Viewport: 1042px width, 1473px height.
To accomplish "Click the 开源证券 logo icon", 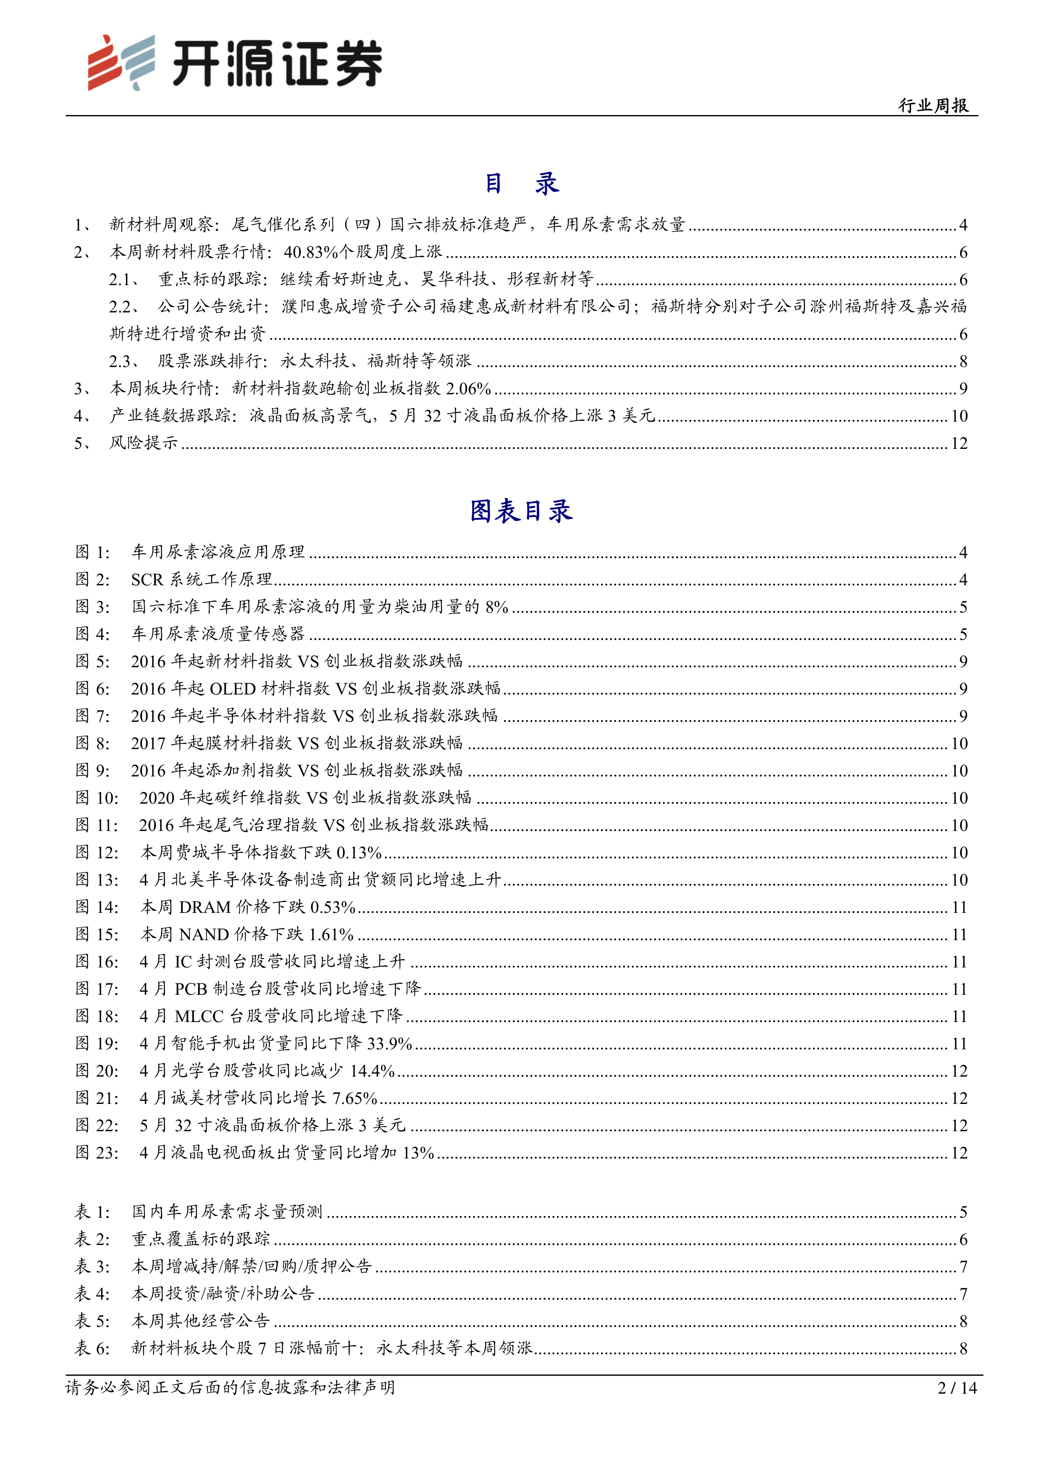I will coord(121,62).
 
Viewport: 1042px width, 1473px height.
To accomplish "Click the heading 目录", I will coord(521,183).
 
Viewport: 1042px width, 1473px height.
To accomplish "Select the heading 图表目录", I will coord(521,511).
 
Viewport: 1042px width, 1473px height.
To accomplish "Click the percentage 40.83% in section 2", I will coord(310,252).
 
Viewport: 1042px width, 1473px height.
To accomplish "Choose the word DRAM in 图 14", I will coord(205,907).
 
